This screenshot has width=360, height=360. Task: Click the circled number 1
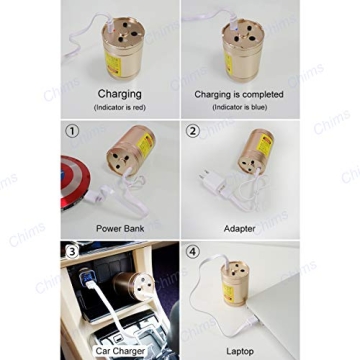point(71,130)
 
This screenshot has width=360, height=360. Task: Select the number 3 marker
point(71,250)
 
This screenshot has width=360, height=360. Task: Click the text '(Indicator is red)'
point(119,106)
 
